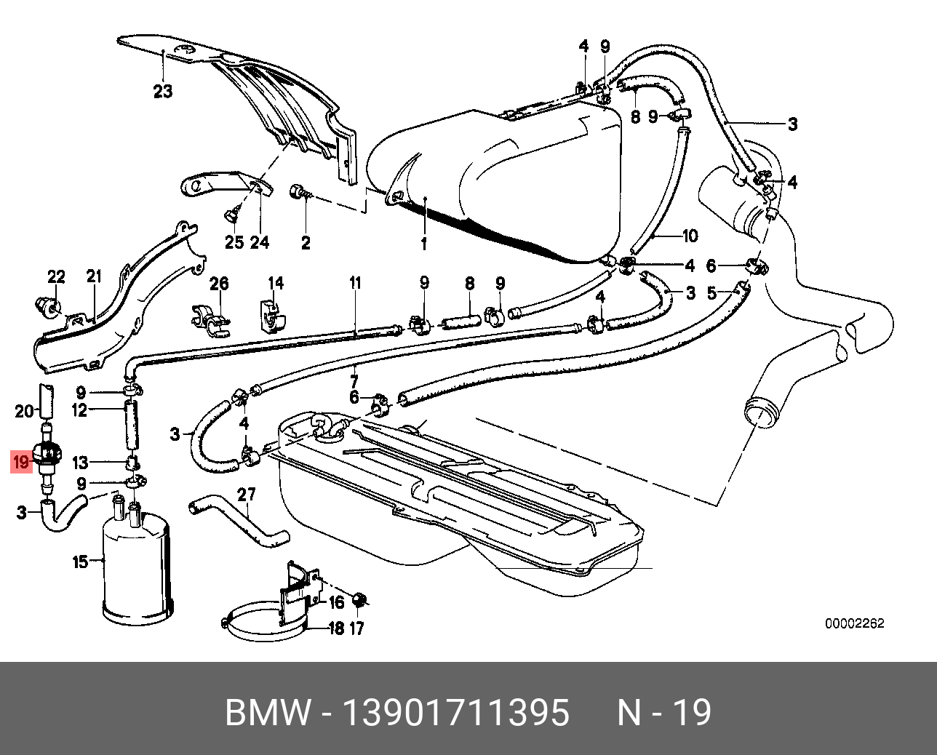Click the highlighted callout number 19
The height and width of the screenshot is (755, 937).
20,461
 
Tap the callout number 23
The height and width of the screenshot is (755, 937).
163,91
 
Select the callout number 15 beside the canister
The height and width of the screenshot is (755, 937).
80,562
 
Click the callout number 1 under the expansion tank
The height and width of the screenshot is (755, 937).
424,244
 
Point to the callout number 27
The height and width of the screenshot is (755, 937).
247,495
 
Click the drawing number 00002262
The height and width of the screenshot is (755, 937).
854,623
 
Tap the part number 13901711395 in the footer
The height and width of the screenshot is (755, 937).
455,713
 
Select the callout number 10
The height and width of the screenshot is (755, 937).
689,235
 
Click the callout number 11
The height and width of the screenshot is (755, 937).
354,284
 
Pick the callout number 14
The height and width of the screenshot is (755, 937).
276,284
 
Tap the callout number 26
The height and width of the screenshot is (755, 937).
219,284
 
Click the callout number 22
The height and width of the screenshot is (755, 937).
56,276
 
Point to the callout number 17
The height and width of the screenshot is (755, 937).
356,628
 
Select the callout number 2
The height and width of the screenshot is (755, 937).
306,242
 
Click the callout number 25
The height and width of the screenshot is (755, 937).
233,242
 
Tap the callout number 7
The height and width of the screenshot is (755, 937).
354,381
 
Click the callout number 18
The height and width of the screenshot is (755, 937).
335,628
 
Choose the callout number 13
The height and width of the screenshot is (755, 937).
80,463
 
